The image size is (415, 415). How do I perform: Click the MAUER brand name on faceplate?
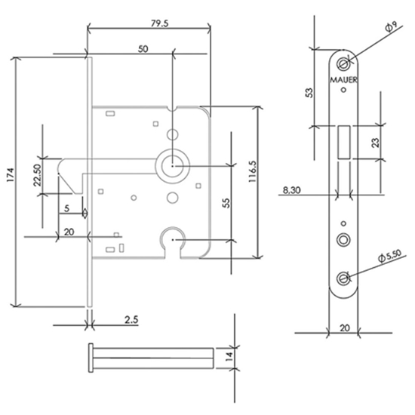(x=344, y=77)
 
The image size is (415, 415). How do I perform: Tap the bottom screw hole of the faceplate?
(x=345, y=278)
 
